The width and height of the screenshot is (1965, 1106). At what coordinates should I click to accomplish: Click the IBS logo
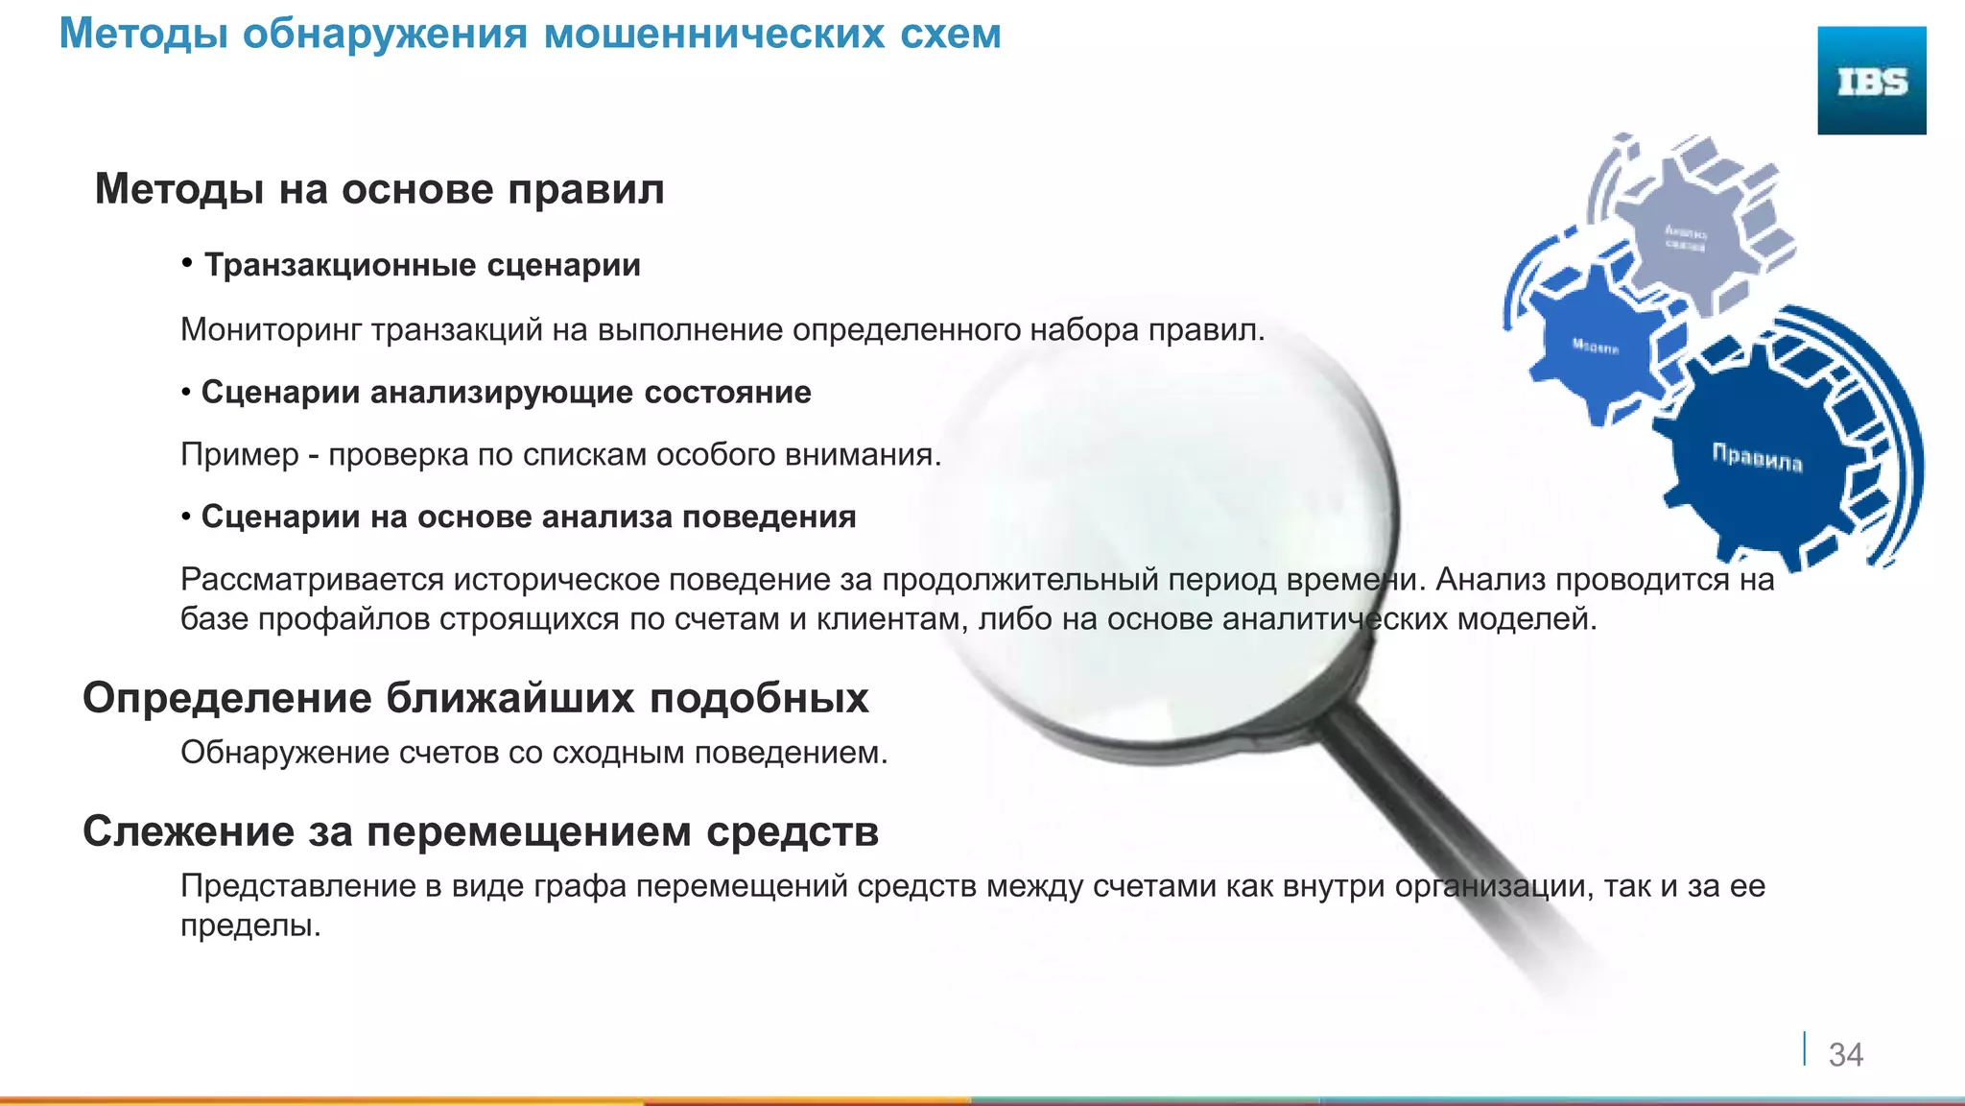click(x=1871, y=81)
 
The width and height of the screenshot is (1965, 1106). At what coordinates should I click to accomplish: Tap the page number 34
click(x=1845, y=1054)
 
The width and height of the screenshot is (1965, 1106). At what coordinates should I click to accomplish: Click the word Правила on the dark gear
click(x=1757, y=458)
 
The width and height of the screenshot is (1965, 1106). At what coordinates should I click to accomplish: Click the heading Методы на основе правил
click(x=379, y=189)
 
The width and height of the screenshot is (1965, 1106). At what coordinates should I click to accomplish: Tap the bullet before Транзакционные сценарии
click(x=188, y=263)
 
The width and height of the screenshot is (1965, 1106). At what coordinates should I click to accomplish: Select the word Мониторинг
click(x=272, y=330)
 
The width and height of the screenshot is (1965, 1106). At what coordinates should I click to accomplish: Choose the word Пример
click(x=240, y=454)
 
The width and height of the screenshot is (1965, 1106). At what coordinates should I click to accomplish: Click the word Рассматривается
click(x=312, y=580)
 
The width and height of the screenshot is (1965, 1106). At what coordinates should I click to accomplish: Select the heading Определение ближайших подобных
click(x=475, y=698)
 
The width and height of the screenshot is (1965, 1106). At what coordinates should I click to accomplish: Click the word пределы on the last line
click(x=249, y=926)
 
